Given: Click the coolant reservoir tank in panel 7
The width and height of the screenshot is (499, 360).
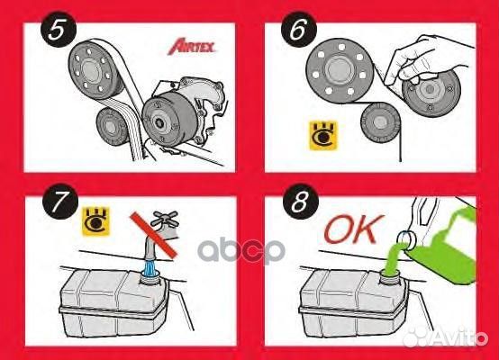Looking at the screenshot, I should pos(108,301).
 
